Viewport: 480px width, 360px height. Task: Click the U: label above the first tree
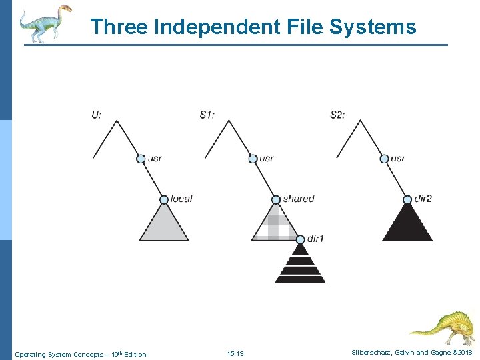97,115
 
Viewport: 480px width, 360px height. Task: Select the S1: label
207,115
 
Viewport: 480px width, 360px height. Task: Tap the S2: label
338,115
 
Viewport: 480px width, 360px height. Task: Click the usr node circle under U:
141,159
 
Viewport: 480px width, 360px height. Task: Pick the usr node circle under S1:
253,159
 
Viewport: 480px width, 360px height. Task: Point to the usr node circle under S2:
384,159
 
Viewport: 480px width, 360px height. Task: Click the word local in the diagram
181,199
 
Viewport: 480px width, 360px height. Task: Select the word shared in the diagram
298,199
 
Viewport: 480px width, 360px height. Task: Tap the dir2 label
423,199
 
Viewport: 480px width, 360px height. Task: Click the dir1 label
315,238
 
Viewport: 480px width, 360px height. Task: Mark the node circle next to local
164,199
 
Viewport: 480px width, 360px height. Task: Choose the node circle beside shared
275,199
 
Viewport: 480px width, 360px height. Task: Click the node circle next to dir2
407,199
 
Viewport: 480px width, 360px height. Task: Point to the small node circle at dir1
300,239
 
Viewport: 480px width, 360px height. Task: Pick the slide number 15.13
235,353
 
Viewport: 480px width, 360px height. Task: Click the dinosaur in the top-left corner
44,23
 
